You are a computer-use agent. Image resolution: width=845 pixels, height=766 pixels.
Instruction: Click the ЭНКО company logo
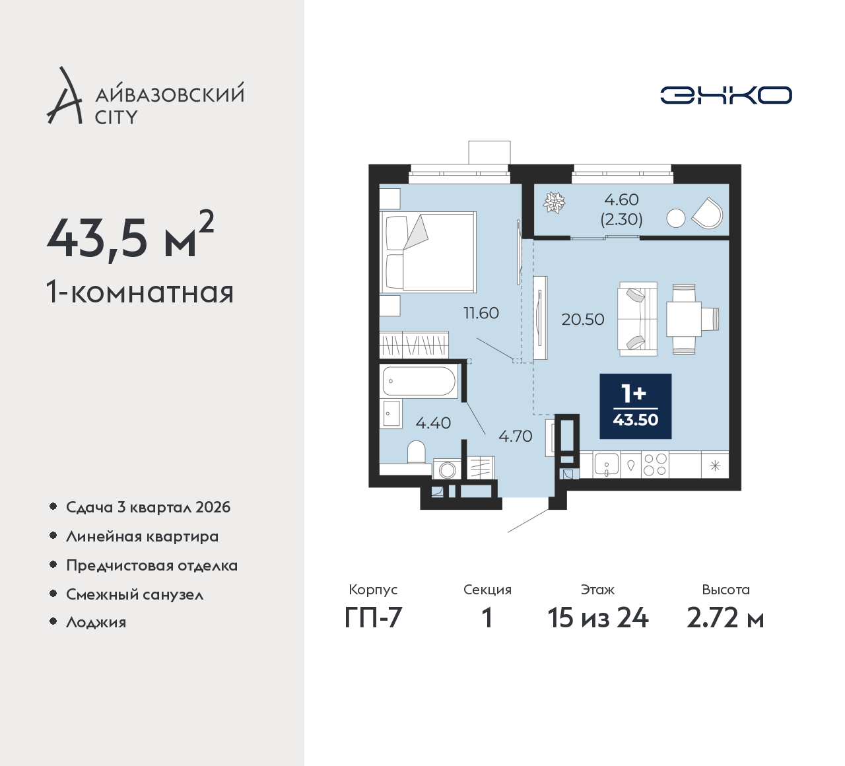click(726, 95)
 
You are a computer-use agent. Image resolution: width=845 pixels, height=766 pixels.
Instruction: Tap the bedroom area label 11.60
click(481, 313)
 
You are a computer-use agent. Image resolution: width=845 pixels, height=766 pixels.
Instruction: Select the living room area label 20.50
click(582, 320)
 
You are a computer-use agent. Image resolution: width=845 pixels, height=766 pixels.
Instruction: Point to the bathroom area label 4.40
click(433, 423)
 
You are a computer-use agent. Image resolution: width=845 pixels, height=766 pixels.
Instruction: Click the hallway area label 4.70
click(515, 436)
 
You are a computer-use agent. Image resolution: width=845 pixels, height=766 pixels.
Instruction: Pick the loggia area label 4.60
click(621, 199)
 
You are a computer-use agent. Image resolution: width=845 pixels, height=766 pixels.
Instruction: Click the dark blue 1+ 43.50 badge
click(635, 406)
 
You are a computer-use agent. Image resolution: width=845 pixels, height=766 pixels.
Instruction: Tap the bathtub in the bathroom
click(419, 381)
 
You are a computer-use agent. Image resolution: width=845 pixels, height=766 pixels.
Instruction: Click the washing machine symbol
click(447, 469)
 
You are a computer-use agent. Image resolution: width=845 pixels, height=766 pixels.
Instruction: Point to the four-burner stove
click(656, 465)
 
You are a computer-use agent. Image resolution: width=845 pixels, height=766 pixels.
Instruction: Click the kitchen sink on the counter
click(606, 464)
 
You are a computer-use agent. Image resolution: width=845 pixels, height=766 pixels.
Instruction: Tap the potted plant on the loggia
click(553, 203)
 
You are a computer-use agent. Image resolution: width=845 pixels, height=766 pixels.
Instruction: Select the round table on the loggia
click(675, 219)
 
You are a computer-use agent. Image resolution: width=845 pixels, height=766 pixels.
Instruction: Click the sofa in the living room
click(637, 319)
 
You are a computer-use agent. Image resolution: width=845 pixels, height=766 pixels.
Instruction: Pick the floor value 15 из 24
click(597, 619)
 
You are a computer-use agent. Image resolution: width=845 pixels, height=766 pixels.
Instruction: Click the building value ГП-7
click(373, 619)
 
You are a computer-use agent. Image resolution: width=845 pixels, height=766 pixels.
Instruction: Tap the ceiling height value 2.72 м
click(726, 619)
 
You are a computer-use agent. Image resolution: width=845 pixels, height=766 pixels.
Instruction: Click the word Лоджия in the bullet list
click(96, 622)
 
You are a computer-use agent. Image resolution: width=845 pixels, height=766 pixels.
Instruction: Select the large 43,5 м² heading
click(131, 236)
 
